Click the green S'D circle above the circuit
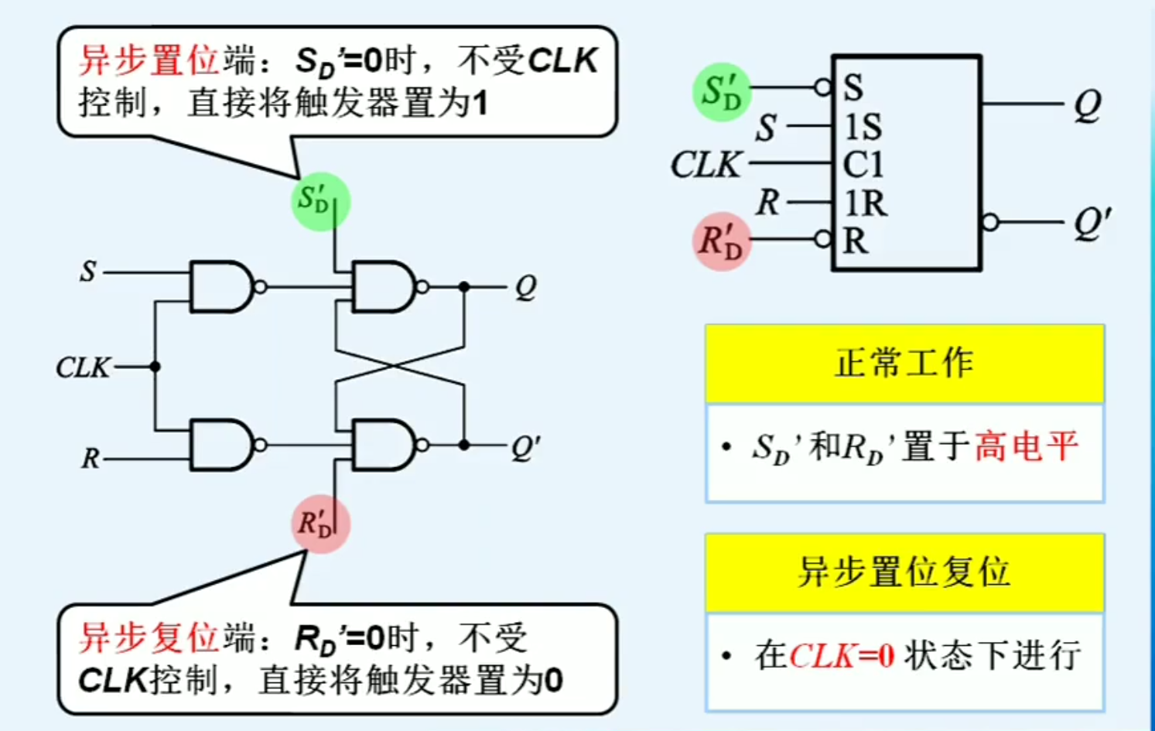point(320,201)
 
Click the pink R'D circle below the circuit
point(320,524)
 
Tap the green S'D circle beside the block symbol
point(721,92)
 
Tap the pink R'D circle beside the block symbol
point(721,241)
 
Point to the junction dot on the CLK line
point(155,367)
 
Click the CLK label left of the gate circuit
point(83,367)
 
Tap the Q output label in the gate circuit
point(525,287)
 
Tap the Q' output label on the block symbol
point(1092,223)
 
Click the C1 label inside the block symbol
point(863,165)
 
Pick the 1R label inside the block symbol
point(865,203)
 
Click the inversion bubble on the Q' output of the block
point(989,223)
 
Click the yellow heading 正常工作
point(904,364)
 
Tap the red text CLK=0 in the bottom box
point(842,656)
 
